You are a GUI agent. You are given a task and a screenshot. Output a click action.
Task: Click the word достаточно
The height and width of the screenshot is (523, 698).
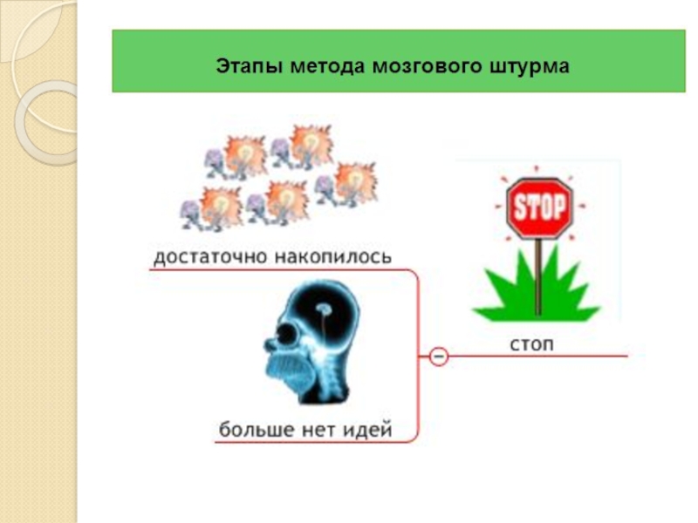[211, 257]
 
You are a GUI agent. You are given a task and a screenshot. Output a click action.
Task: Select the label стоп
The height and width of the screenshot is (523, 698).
[531, 343]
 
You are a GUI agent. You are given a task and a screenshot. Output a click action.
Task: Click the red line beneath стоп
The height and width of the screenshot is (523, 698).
[558, 356]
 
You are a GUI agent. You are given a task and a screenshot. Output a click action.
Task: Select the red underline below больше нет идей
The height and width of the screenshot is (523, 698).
[314, 443]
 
